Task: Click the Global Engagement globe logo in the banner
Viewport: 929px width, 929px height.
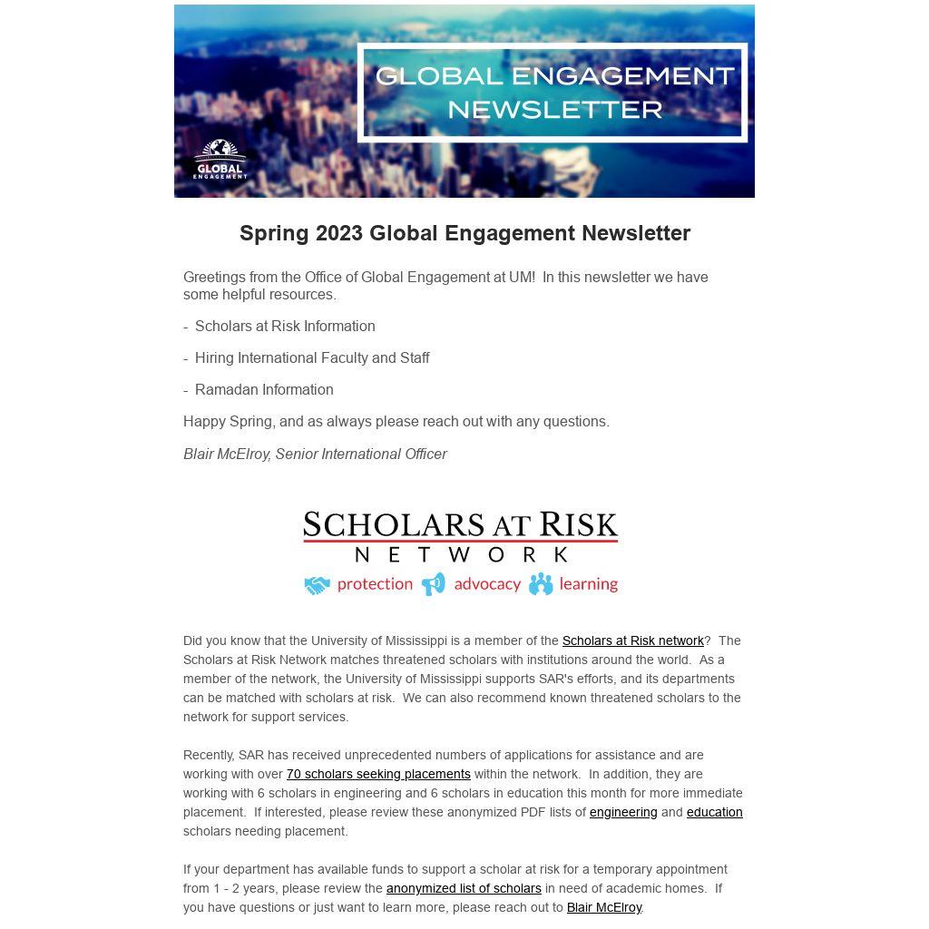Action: click(x=220, y=158)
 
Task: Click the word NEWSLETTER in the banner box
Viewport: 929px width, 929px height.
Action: click(x=554, y=110)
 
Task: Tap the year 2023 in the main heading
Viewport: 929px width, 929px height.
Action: click(x=339, y=233)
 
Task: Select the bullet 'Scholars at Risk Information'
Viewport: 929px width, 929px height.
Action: click(x=284, y=326)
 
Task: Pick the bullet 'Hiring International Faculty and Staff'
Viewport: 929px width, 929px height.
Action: click(x=311, y=357)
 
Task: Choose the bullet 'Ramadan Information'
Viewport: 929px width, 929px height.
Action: click(x=264, y=389)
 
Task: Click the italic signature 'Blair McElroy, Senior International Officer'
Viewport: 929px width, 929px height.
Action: click(x=315, y=454)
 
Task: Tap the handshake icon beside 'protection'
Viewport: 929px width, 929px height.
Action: click(x=317, y=585)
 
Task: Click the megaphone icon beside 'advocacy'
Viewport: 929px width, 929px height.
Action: click(x=434, y=583)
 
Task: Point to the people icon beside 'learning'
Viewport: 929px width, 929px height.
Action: click(x=541, y=583)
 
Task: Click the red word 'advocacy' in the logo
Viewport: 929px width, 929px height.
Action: click(x=487, y=583)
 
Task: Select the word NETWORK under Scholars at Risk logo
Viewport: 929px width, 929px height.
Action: click(x=461, y=554)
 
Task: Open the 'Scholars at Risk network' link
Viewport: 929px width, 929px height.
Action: click(x=632, y=641)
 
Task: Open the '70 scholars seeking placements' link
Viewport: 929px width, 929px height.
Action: click(x=378, y=774)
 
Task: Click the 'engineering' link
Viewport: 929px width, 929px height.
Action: click(x=623, y=812)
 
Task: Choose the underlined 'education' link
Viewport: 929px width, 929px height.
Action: click(x=714, y=812)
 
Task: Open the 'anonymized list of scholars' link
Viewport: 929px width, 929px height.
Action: click(x=464, y=888)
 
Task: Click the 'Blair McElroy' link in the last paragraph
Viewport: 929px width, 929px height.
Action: click(x=604, y=907)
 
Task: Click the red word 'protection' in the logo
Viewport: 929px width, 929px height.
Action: click(x=375, y=583)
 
